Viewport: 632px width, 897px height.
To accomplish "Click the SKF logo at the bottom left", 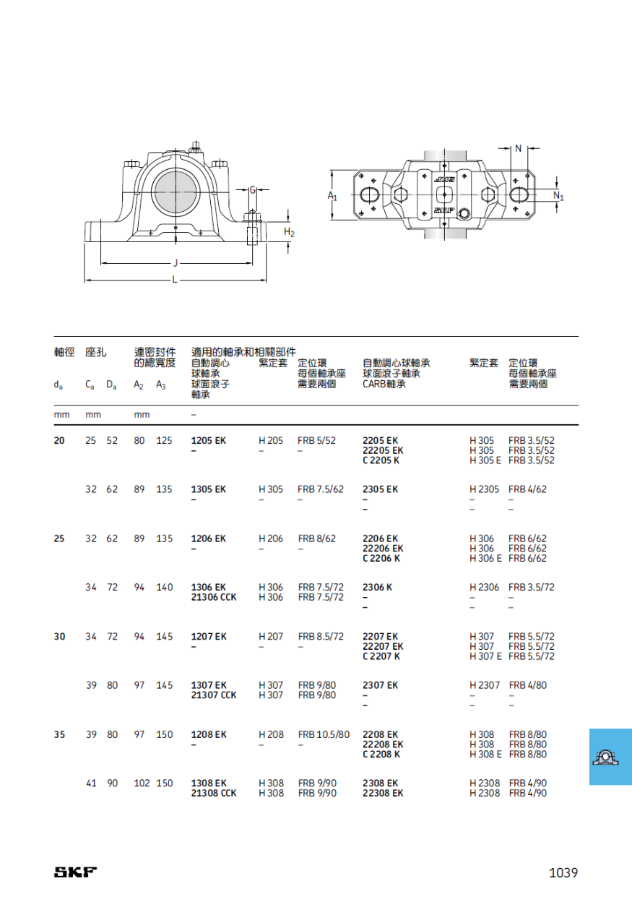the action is [x=75, y=872].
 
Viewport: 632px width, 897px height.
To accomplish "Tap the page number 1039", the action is [x=563, y=872].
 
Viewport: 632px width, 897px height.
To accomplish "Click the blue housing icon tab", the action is [x=610, y=757].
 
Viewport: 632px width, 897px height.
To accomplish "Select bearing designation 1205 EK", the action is [x=208, y=440].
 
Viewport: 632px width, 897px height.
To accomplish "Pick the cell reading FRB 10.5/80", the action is [x=324, y=734].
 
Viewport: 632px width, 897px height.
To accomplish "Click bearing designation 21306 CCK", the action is [x=214, y=597].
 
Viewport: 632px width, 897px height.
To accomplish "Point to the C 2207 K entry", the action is [x=381, y=656].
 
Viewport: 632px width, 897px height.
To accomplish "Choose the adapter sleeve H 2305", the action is [x=485, y=489].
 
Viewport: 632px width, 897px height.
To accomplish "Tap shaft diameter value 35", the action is [x=59, y=734].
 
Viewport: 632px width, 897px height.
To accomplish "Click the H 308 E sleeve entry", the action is [x=485, y=754].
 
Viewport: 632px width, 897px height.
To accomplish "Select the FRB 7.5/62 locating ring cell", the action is [x=321, y=489].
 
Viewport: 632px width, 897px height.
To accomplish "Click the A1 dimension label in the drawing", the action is [x=332, y=196].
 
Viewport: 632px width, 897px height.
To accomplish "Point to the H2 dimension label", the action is [x=289, y=232].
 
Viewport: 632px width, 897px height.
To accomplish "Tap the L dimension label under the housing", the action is [x=175, y=280].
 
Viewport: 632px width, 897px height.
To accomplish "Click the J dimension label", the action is [x=176, y=263].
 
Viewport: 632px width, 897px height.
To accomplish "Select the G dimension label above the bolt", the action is [x=253, y=190].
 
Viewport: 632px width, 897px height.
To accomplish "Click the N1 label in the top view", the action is [x=558, y=196].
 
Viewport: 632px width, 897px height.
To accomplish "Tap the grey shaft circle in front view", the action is [x=176, y=192].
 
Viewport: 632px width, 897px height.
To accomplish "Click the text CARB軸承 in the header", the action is [x=384, y=384].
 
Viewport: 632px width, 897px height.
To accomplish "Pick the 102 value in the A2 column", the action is [x=142, y=783].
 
